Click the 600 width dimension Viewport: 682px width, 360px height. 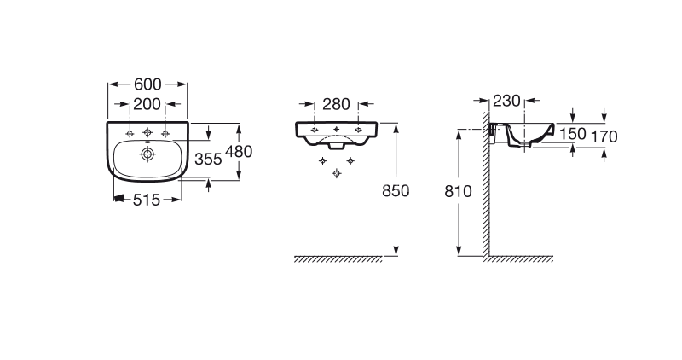click(147, 84)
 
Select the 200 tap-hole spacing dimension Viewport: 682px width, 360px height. click(147, 104)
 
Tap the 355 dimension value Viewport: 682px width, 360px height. click(208, 160)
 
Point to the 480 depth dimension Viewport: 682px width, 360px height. click(239, 152)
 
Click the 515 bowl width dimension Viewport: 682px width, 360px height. click(147, 200)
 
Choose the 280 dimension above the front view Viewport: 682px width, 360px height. click(336, 104)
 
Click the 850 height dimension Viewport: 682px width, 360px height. click(396, 191)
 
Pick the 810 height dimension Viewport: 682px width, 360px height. click(458, 191)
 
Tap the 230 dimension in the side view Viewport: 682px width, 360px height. click(506, 101)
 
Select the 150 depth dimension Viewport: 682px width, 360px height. click(572, 134)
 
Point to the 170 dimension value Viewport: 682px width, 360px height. click(604, 136)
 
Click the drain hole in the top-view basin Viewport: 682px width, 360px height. click(147, 154)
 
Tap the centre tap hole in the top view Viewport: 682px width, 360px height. click(147, 132)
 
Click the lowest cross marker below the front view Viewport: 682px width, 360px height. click(336, 173)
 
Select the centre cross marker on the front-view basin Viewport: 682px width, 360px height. click(336, 130)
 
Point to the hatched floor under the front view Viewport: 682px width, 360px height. click(338, 259)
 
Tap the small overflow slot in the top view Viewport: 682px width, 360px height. click(147, 142)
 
